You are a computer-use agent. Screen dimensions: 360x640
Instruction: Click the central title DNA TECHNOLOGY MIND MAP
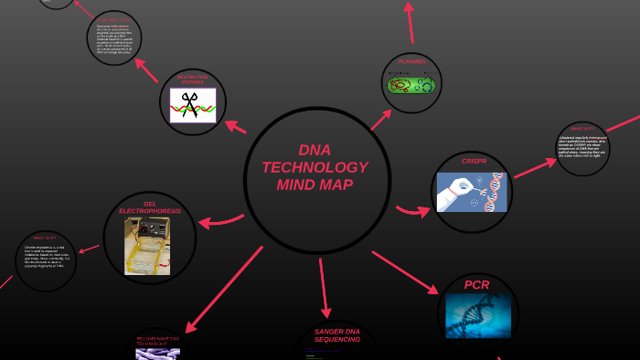tap(315, 168)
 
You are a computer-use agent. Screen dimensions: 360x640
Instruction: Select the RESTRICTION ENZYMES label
tap(193, 79)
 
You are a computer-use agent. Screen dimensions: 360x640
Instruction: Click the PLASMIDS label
tap(411, 62)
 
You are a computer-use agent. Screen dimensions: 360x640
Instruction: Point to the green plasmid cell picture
tap(411, 85)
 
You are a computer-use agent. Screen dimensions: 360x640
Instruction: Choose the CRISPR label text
tap(474, 161)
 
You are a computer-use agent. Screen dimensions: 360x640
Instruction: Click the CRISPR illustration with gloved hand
tap(471, 192)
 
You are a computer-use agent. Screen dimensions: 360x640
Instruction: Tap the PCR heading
tap(476, 285)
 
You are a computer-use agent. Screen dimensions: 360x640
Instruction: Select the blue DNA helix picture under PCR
tap(477, 314)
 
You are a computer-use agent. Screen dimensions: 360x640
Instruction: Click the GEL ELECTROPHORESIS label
tap(150, 206)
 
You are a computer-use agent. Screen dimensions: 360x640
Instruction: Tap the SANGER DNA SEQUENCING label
tap(336, 335)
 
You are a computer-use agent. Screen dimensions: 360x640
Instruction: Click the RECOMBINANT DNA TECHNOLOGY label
tap(157, 342)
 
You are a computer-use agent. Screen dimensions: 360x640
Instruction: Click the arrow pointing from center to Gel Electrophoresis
tap(222, 221)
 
